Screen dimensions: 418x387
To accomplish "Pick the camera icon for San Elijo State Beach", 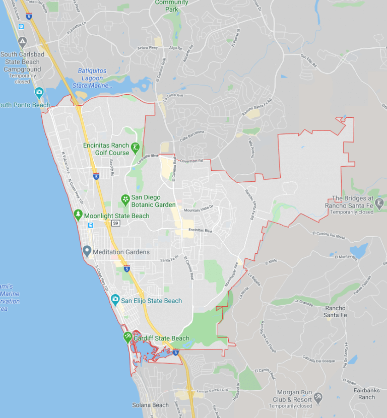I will pyautogui.click(x=115, y=301).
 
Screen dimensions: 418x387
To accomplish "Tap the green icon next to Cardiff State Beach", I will pyautogui.click(x=127, y=337).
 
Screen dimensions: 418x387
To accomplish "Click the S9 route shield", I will pyautogui.click(x=115, y=223).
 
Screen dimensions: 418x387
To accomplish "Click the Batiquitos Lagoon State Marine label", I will pyautogui.click(x=93, y=78).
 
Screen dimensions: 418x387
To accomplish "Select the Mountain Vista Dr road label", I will pyautogui.click(x=199, y=210).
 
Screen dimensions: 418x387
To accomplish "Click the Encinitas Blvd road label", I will pyautogui.click(x=200, y=230).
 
